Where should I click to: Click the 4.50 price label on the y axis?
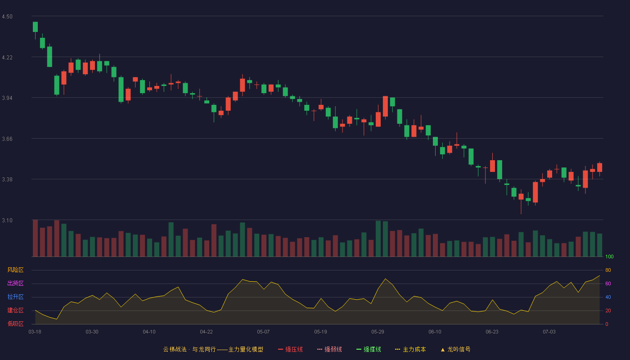pyautogui.click(x=7, y=17)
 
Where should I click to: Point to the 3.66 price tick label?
pyautogui.click(x=7, y=139)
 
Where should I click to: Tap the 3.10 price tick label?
pyautogui.click(x=7, y=220)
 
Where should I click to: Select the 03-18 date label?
pyautogui.click(x=35, y=332)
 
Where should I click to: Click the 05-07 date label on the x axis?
pyautogui.click(x=263, y=332)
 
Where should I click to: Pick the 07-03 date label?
pyautogui.click(x=549, y=332)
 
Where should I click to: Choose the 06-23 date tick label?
pyautogui.click(x=492, y=332)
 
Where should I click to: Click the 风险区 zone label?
pyautogui.click(x=15, y=270)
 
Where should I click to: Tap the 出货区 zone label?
pyautogui.click(x=15, y=283)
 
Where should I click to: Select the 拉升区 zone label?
pyautogui.click(x=15, y=297)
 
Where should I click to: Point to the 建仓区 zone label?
pyautogui.click(x=15, y=310)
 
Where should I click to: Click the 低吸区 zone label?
pyautogui.click(x=15, y=324)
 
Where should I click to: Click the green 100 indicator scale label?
pyautogui.click(x=609, y=256)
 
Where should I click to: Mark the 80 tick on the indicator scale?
pyautogui.click(x=608, y=270)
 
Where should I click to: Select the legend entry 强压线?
pyautogui.click(x=290, y=349)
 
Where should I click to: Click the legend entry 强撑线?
pyautogui.click(x=369, y=349)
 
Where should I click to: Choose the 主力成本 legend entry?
pyautogui.click(x=410, y=349)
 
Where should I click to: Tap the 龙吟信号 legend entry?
pyautogui.click(x=455, y=349)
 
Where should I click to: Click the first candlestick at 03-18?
pyautogui.click(x=35, y=27)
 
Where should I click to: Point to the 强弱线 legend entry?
pyautogui.click(x=329, y=349)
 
